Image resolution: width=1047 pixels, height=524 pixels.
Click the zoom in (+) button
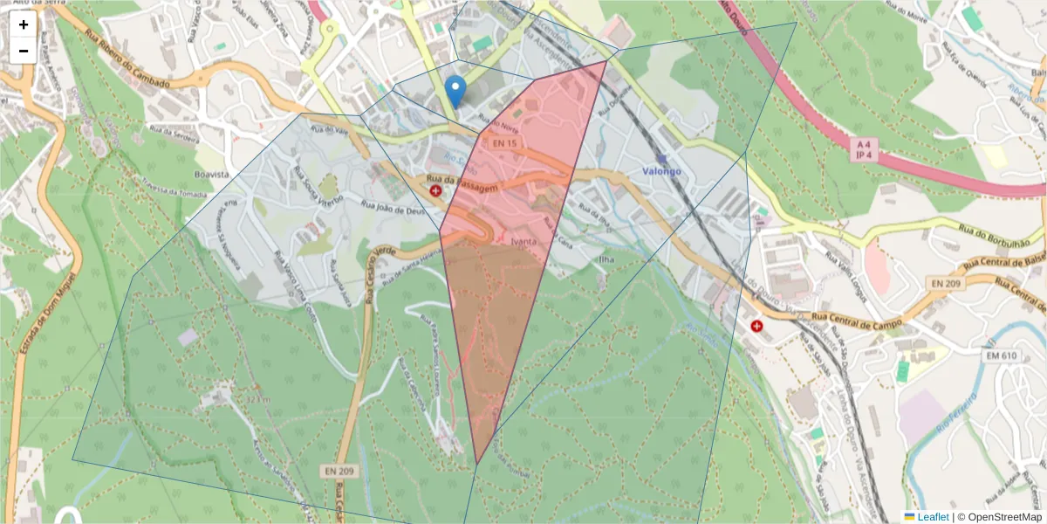[x=24, y=24]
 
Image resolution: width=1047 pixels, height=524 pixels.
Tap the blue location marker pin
[x=455, y=91]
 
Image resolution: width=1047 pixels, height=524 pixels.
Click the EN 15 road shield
[x=504, y=142]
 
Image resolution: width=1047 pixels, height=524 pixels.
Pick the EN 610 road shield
[x=1002, y=355]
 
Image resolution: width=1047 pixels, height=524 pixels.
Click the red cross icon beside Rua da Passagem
[x=435, y=190]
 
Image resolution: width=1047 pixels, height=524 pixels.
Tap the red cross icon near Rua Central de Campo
[x=756, y=326]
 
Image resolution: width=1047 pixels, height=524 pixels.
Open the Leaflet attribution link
[x=933, y=517]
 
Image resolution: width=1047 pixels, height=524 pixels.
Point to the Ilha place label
[x=606, y=259]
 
